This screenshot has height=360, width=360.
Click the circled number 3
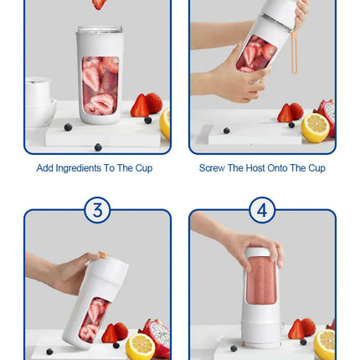[x=97, y=210]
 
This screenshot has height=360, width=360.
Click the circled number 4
[x=262, y=210]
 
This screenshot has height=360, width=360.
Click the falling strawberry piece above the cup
[x=99, y=4]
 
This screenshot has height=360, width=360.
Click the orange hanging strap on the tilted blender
[x=295, y=53]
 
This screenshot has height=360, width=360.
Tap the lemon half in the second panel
[x=315, y=128]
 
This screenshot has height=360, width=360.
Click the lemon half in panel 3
[x=141, y=347]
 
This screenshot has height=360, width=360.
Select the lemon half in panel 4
[x=324, y=344]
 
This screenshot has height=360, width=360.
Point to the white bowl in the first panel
[x=41, y=111]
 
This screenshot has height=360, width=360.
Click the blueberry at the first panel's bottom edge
[x=98, y=147]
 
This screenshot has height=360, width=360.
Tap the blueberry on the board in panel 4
[x=234, y=348]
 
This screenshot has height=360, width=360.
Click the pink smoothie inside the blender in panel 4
[x=261, y=280]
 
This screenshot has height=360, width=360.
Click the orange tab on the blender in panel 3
[x=102, y=255]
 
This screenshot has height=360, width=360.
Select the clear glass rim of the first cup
[x=100, y=29]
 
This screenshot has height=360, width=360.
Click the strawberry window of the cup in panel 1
[x=100, y=85]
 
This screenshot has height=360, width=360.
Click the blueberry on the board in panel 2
[x=227, y=131]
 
